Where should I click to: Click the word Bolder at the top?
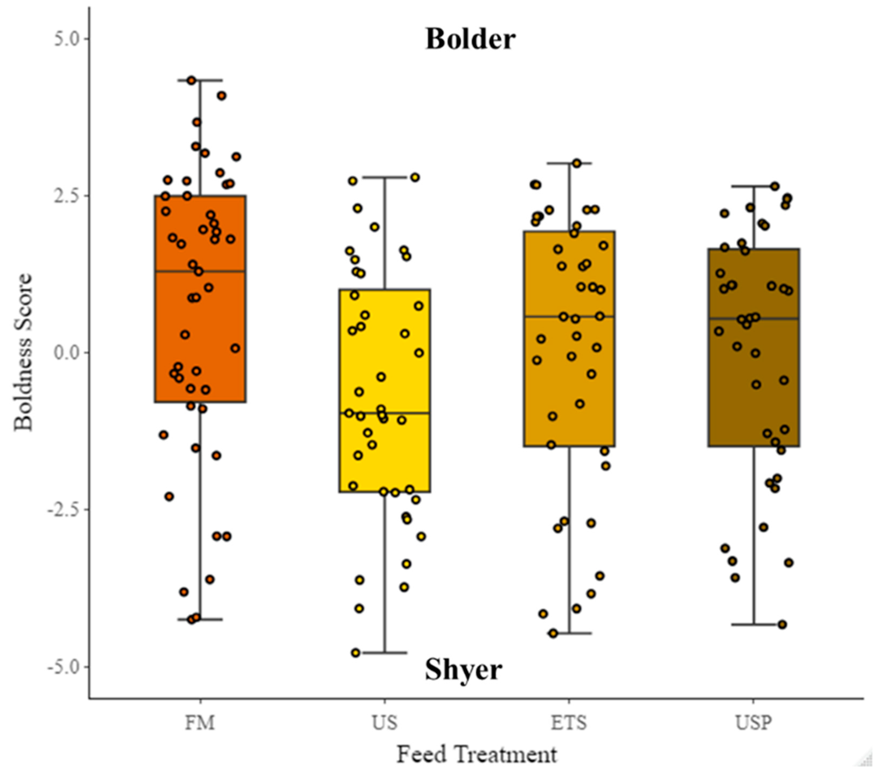pyautogui.click(x=470, y=39)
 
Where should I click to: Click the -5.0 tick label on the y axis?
pyautogui.click(x=64, y=667)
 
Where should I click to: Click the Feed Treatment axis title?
pyautogui.click(x=477, y=755)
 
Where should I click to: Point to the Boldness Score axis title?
pyautogui.click(x=23, y=352)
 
